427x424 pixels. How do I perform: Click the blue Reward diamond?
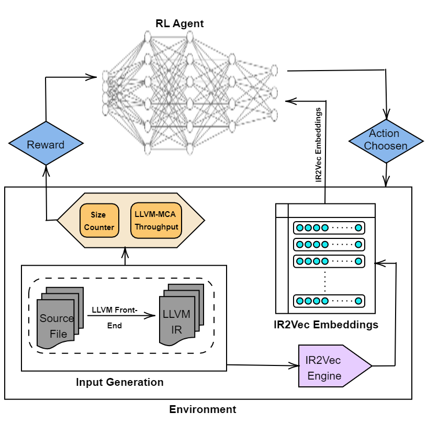pos(46,144)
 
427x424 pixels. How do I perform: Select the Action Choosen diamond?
pos(386,140)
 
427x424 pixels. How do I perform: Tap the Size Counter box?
pos(99,221)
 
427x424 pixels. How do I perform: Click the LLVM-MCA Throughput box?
pos(156,220)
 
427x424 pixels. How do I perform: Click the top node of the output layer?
pos(274,70)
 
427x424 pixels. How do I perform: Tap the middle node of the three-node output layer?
pos(274,93)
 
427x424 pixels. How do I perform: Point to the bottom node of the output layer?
pos(274,115)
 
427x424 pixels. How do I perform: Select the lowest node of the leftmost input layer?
pos(105,110)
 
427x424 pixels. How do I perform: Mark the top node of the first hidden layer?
pos(148,37)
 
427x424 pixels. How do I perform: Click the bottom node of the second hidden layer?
pos(190,149)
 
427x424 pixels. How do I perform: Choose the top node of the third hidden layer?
pos(232,59)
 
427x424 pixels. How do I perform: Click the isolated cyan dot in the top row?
pos(358,228)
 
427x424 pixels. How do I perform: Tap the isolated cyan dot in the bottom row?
pos(358,301)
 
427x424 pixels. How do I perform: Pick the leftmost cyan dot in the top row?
pos(300,228)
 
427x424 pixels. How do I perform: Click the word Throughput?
pos(156,227)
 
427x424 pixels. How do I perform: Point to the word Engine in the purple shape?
pos(324,376)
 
